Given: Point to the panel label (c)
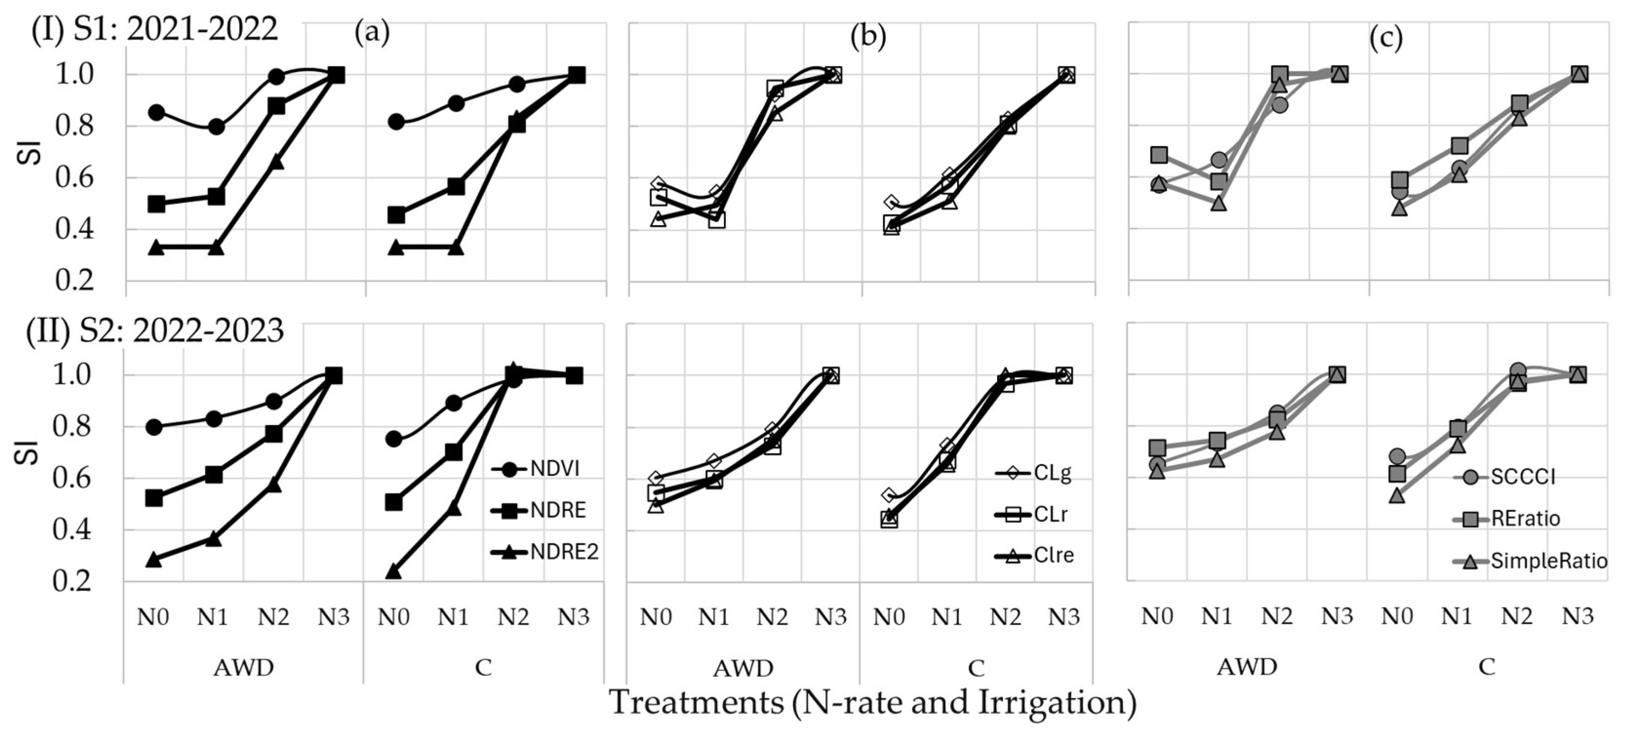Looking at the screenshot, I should point(1386,38).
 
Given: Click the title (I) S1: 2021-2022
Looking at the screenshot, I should point(155,29).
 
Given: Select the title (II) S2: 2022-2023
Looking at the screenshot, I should point(155,330).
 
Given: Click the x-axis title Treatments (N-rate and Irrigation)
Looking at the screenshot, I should point(873,702).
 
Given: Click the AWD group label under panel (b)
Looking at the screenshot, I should point(743,668).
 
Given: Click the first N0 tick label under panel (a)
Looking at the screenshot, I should point(153,616).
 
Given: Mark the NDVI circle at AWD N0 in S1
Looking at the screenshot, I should point(156,113).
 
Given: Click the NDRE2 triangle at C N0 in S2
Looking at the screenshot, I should point(393,572).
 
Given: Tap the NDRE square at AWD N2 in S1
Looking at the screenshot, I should point(276,106).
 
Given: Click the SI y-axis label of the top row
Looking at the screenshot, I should point(30,152).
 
